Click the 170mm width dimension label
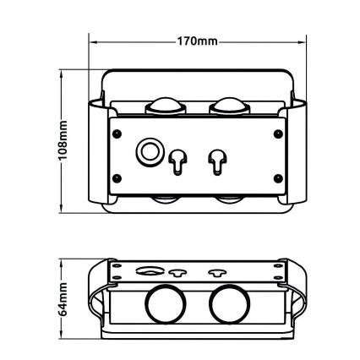click(x=197, y=41)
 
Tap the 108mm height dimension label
click(x=63, y=140)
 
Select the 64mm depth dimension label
click(x=63, y=299)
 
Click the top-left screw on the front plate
click(x=117, y=134)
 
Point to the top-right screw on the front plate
click(x=278, y=134)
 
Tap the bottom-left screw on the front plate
click(x=117, y=178)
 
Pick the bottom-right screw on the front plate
click(x=278, y=178)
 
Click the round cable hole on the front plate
click(x=150, y=152)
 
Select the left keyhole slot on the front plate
click(x=177, y=162)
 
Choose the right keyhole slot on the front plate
click(x=217, y=162)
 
